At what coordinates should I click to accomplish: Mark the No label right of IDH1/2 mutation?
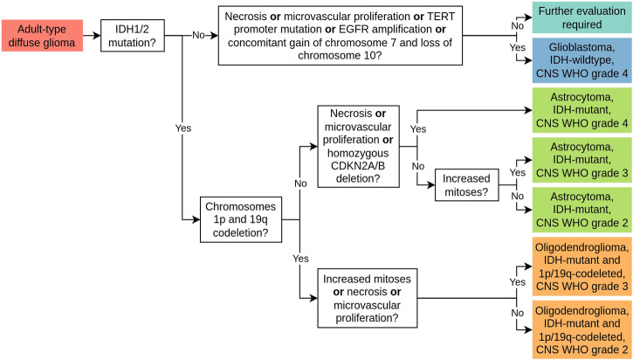click(x=199, y=36)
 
